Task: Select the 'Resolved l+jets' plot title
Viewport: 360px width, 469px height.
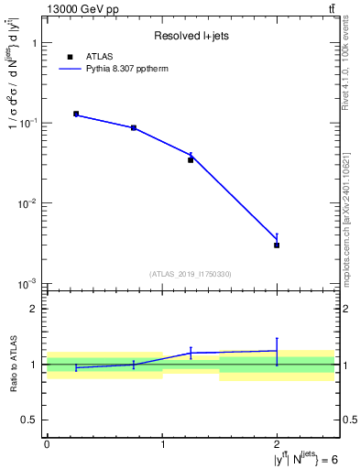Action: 192,37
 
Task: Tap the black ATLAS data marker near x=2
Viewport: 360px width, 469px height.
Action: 277,245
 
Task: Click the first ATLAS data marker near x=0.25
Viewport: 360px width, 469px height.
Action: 76,114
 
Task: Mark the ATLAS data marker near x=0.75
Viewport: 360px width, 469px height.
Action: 134,128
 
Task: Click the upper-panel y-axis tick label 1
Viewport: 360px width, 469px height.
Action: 33,43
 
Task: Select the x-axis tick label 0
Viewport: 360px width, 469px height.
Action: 47,444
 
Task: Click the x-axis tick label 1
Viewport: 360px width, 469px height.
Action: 162,444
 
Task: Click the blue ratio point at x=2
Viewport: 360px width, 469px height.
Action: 277,351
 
